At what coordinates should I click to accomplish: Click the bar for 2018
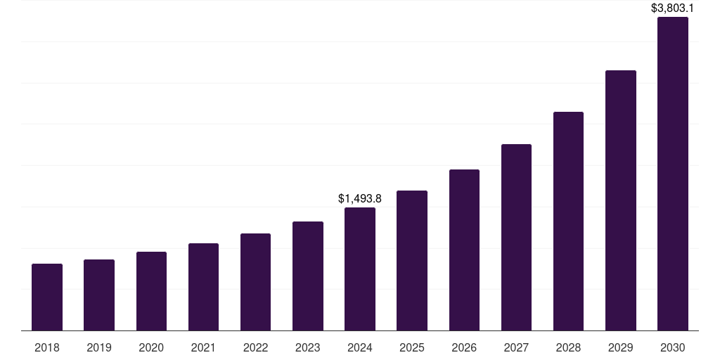[47, 297]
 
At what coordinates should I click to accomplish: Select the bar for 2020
[151, 291]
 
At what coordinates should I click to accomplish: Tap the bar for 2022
[255, 282]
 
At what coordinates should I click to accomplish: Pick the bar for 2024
[360, 269]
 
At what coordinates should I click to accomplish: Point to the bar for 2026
[464, 250]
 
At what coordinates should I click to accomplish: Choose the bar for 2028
[568, 221]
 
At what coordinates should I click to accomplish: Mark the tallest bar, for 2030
[673, 174]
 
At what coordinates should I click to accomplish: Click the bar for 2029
[621, 200]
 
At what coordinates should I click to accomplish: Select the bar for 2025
[412, 260]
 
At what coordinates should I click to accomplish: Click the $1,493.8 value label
[360, 199]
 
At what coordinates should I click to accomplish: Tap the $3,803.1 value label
[673, 8]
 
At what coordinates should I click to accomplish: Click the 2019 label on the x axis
[99, 347]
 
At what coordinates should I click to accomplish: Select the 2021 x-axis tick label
[203, 347]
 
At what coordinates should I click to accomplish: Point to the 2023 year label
[308, 347]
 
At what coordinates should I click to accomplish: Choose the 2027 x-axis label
[516, 347]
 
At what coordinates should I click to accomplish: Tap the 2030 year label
[673, 347]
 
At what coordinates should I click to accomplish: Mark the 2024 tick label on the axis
[360, 347]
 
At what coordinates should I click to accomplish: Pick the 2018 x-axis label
[47, 347]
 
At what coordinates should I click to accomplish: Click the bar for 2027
[516, 237]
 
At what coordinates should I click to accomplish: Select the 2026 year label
[464, 347]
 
